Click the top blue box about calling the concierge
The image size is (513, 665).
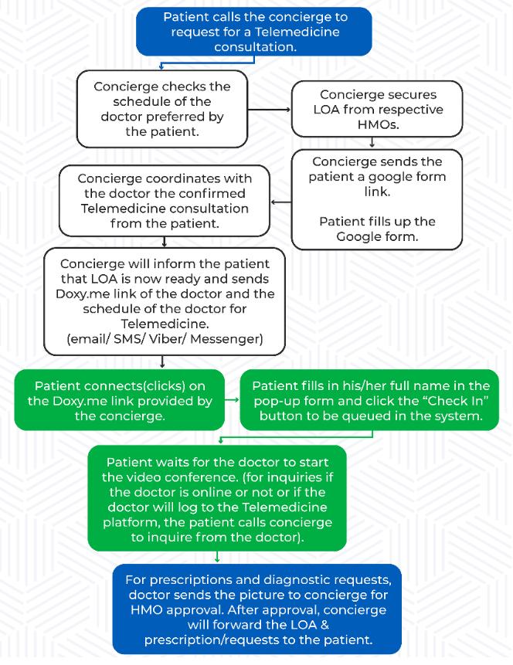[x=255, y=32]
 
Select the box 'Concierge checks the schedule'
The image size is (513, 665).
[x=162, y=108]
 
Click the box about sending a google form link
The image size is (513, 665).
[x=377, y=198]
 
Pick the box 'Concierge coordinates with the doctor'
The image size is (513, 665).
[x=164, y=201]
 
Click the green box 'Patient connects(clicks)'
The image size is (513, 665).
[x=119, y=400]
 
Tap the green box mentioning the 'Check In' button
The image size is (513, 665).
[x=369, y=400]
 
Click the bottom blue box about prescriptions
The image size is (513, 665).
[x=257, y=609]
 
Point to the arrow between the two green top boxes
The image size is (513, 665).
[x=232, y=401]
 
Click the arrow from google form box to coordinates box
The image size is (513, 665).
[x=280, y=202]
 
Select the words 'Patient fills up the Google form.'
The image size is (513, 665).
[x=377, y=229]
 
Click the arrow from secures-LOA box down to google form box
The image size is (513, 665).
[x=372, y=142]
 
